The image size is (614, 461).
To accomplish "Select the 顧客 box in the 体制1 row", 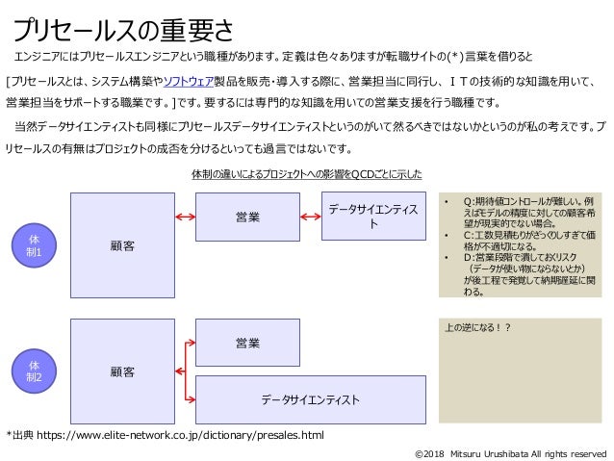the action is coord(121,246).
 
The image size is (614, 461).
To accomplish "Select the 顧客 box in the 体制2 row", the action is coord(121,371).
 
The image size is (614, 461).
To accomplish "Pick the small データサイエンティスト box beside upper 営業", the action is coord(373,217).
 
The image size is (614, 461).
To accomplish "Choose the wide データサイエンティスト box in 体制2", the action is coord(311,398).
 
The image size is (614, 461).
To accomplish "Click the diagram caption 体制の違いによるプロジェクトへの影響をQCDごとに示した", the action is coord(306,174).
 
